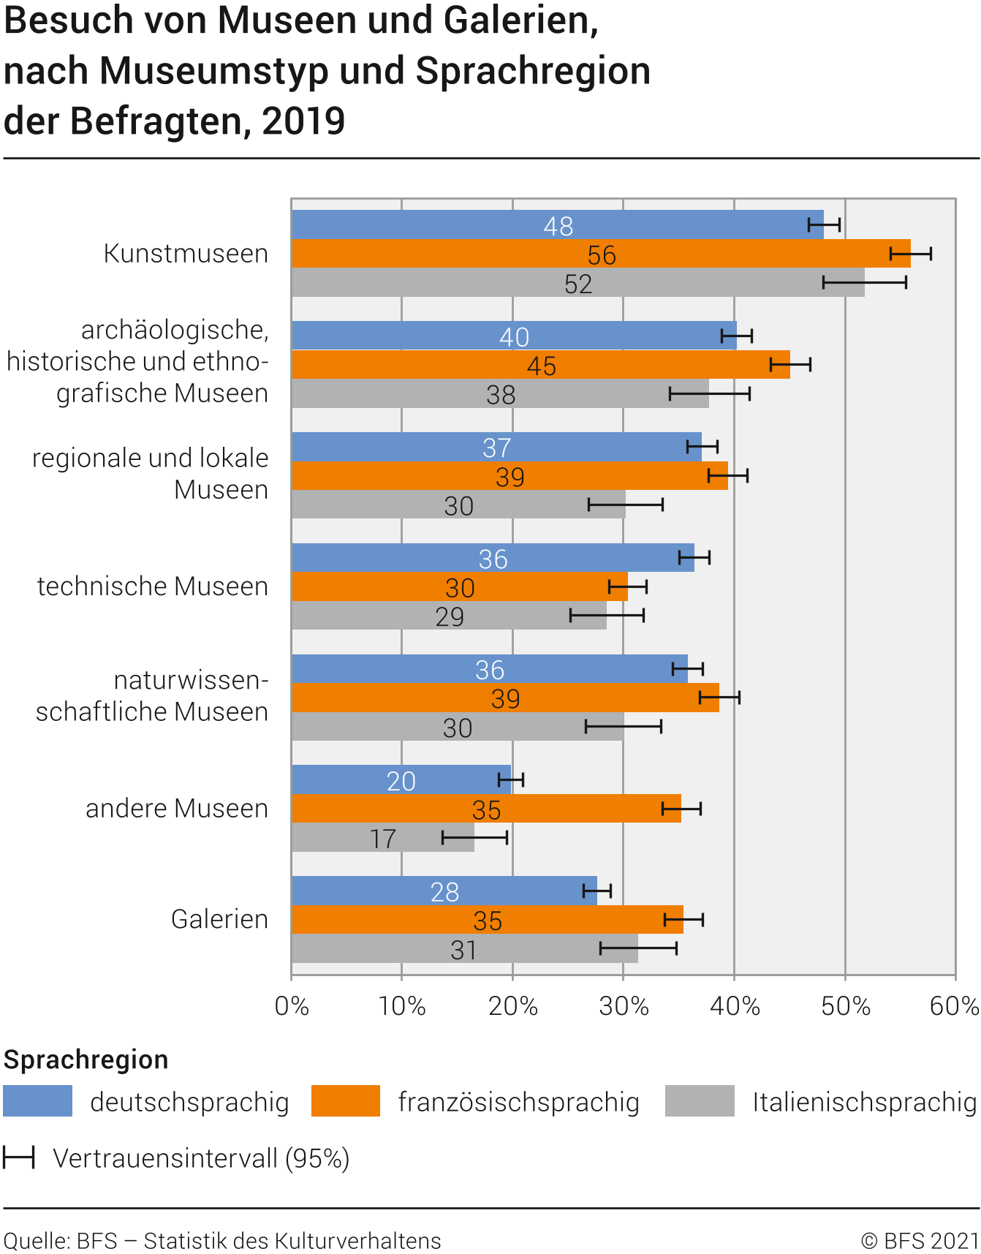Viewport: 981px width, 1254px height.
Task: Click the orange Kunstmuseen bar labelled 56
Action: [x=601, y=254]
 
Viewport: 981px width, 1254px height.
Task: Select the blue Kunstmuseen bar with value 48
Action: [x=557, y=225]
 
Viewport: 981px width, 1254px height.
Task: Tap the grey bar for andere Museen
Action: [x=382, y=838]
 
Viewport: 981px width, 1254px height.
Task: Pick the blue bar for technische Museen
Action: [x=492, y=558]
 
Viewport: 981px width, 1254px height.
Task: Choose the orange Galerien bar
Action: [x=487, y=920]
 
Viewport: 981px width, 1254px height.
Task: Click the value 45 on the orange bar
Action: [x=542, y=366]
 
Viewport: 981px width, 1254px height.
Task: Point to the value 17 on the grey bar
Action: [x=383, y=839]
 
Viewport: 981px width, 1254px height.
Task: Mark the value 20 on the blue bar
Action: [x=401, y=781]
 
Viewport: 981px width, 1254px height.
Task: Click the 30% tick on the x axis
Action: [x=624, y=1006]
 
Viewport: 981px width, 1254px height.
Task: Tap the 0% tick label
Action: [x=292, y=1006]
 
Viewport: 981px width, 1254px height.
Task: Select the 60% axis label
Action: [x=954, y=1006]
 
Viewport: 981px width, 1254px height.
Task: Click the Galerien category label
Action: [x=219, y=919]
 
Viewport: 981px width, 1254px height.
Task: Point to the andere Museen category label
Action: [x=177, y=808]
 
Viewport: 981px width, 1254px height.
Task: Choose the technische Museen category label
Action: [x=153, y=586]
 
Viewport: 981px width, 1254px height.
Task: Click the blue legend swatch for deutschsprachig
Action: [x=38, y=1101]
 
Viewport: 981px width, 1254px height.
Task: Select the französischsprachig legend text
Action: [x=518, y=1102]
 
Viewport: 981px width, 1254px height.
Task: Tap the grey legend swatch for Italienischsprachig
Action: [x=700, y=1101]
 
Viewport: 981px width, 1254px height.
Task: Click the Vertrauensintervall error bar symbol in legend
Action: [x=18, y=1158]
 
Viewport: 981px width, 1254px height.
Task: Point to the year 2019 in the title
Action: [x=303, y=121]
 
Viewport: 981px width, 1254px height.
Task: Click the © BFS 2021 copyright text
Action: [x=919, y=1241]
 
